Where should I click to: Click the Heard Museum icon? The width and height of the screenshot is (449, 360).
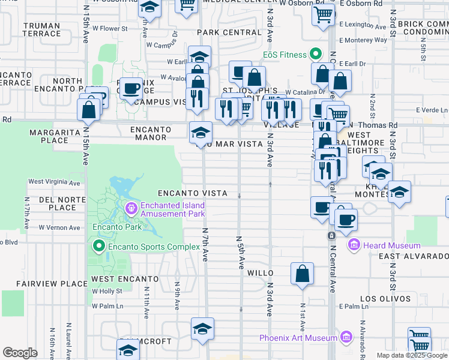coord(354,245)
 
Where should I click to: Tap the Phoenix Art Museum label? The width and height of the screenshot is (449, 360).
coord(298,338)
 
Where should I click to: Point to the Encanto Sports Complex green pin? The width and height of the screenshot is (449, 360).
coord(98,247)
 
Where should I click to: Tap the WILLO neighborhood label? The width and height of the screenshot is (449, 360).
coord(261,272)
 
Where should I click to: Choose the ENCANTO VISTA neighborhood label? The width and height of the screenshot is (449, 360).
coord(192,193)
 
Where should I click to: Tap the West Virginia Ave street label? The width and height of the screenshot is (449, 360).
coord(54,182)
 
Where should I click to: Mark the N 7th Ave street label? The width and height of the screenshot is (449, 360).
coord(205,244)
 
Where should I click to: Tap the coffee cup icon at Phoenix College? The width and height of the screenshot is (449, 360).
coord(131,89)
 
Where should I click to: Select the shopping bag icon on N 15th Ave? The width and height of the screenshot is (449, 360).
coord(89,110)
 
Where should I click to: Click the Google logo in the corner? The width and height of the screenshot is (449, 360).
coord(20,353)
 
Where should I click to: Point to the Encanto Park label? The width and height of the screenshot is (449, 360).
coord(116,227)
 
